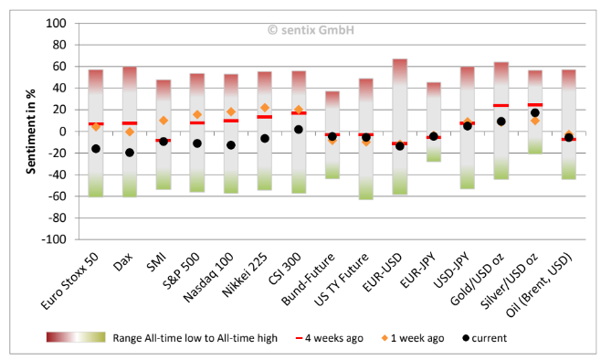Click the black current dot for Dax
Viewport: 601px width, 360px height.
point(130,153)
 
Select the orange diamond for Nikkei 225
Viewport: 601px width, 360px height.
point(265,108)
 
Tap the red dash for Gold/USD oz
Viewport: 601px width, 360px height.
point(501,105)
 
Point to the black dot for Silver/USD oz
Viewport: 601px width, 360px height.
point(535,112)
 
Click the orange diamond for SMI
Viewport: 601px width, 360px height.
point(163,121)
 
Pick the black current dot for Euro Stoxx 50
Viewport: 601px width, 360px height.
point(96,149)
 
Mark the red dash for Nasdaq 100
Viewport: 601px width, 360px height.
point(231,121)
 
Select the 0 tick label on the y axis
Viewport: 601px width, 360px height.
point(62,132)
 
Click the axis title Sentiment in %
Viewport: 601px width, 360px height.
point(31,132)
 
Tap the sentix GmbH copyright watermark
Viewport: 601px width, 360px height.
point(311,30)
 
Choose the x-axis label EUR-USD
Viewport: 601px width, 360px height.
point(383,272)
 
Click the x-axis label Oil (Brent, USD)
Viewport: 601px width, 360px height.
point(539,285)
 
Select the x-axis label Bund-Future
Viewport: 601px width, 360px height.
point(308,279)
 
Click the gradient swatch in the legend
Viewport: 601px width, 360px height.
point(76,337)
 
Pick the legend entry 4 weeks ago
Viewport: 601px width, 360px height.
point(330,338)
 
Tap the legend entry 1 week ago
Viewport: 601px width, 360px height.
point(413,338)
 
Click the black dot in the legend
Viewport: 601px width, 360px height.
point(466,338)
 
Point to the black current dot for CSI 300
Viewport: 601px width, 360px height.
point(298,130)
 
